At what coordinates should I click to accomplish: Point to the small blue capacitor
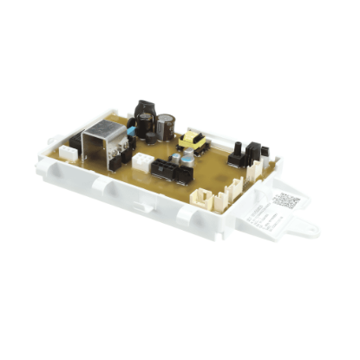[x=131, y=132]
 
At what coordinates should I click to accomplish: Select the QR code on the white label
[x=285, y=201]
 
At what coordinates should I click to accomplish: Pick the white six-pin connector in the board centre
[x=141, y=160]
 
